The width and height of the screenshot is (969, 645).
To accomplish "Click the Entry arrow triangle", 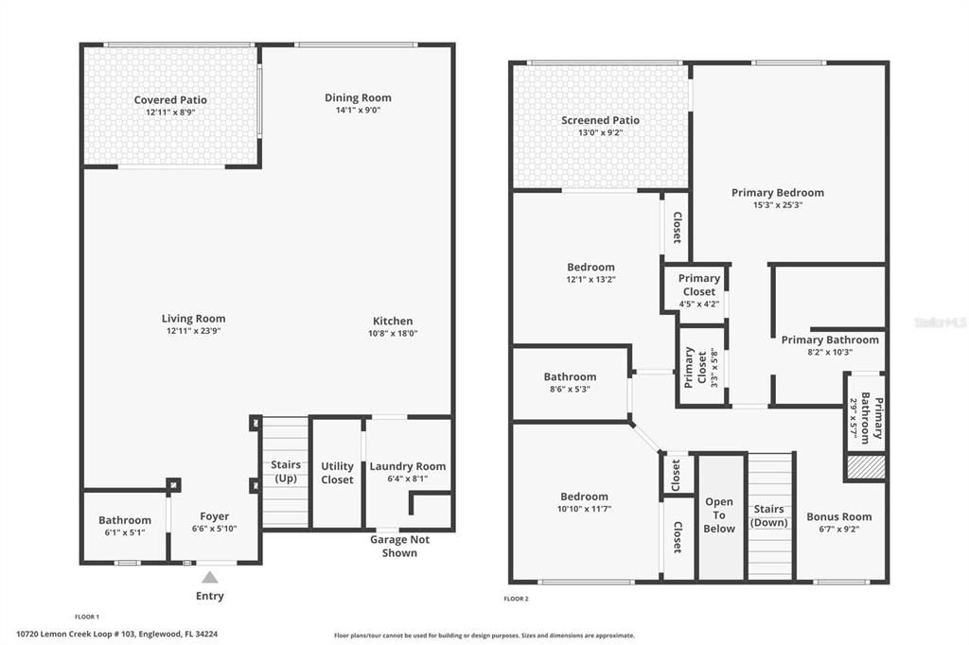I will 210,577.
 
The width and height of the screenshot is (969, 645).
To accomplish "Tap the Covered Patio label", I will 170,100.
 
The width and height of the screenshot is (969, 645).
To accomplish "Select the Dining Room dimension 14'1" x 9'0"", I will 358,110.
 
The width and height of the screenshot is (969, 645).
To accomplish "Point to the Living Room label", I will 193,319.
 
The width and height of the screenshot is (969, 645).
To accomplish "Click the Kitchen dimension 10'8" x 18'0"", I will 392,333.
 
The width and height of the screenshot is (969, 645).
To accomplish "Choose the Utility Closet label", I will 337,473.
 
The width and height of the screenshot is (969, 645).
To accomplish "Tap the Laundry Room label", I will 407,466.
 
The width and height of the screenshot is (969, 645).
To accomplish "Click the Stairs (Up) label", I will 285,471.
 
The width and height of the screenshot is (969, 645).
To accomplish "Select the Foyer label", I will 215,516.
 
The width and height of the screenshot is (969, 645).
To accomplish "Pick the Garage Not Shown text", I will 399,547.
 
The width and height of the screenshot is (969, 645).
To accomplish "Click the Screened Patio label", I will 600,120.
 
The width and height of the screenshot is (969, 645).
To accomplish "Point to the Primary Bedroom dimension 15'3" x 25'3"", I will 777,204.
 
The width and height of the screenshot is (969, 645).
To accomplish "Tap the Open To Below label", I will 719,515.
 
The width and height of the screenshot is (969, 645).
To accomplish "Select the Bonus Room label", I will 838,517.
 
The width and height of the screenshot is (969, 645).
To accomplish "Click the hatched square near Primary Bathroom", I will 865,467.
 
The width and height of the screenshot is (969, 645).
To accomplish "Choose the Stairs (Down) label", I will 768,515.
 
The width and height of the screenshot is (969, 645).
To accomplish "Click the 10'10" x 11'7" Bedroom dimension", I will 584,509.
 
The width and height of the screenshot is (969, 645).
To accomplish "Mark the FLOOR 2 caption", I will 517,599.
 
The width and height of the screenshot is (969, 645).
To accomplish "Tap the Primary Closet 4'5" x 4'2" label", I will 699,285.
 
